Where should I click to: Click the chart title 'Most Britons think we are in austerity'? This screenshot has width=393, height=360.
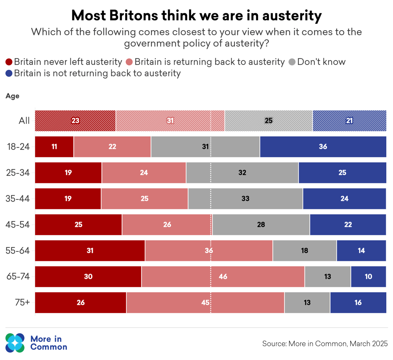pos(196,16)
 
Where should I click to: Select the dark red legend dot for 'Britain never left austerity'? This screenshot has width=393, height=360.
pos(9,62)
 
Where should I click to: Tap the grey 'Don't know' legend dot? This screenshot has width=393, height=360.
pos(292,62)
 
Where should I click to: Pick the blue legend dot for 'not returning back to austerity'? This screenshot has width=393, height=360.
pos(9,73)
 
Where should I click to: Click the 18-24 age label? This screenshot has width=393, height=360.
pos(18,147)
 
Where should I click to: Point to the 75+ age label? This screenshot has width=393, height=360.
pos(22,302)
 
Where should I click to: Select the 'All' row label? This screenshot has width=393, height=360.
pos(24,121)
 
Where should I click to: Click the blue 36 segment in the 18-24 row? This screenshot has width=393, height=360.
pos(323,147)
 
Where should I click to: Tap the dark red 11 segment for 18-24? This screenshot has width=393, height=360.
pos(54,147)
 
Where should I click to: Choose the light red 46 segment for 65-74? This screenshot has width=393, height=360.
pos(223,276)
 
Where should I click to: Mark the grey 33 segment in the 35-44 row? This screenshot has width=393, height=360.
pos(245,199)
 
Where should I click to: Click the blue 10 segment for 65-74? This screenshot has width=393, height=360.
pos(368,276)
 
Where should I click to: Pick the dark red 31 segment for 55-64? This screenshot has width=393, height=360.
pos(90,250)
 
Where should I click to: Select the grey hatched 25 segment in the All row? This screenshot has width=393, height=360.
pos(268,121)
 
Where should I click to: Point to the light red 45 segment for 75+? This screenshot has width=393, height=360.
pos(205,302)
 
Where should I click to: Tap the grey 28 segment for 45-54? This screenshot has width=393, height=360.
pos(261,224)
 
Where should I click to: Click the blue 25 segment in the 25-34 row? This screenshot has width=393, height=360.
pos(342,173)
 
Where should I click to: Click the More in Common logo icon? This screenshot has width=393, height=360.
pos(15,342)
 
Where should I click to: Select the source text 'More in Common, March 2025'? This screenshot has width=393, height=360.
pos(325,343)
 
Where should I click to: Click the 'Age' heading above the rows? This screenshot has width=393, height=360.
pos(12,96)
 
